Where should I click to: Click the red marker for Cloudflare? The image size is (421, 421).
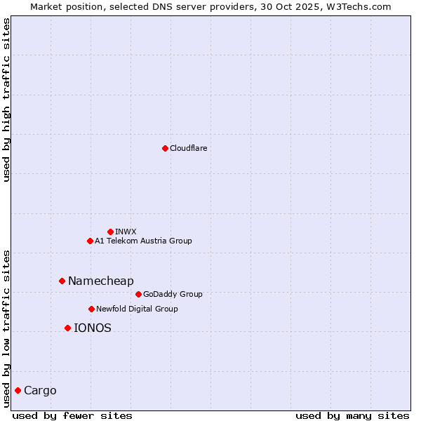pos(165,148)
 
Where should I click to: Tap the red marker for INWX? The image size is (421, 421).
pos(110,232)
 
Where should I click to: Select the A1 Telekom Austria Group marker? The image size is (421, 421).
pos(90,241)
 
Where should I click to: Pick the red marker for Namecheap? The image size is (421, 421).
pos(62,281)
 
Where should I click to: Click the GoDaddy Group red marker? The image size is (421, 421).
pos(138,294)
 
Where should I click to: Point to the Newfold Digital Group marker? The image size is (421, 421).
pos(91,309)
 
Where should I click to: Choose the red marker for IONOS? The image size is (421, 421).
pos(67,328)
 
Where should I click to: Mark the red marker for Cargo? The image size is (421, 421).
pos(18,390)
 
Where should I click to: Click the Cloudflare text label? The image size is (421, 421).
pos(189,148)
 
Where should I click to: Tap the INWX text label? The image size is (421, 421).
pos(126,232)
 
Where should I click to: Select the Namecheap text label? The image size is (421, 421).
pos(100,281)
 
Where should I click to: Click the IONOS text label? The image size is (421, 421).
pos(92,328)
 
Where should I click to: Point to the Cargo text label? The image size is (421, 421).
pos(40,390)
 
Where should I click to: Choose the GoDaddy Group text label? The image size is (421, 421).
pos(173,294)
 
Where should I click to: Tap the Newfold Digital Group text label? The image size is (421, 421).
pos(137,309)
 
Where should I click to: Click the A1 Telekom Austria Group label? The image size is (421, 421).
pos(143,241)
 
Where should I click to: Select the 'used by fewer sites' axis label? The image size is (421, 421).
pos(72,415)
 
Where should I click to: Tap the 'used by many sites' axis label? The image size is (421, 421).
pos(352,415)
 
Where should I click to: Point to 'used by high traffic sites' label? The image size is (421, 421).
pos(6,100)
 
